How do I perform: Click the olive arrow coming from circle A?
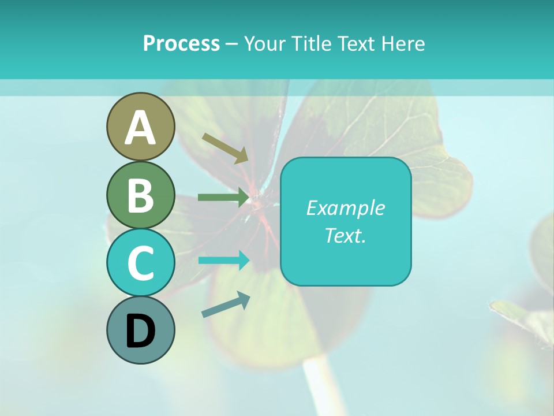point(225,147)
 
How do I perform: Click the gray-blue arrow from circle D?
point(226,304)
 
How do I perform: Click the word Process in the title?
point(181,43)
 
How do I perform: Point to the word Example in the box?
point(345,208)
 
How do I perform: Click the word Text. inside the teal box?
point(345,235)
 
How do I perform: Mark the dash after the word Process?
point(231,44)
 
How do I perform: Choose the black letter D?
point(140,331)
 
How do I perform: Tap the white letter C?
point(140,263)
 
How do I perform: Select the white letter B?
point(140,195)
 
